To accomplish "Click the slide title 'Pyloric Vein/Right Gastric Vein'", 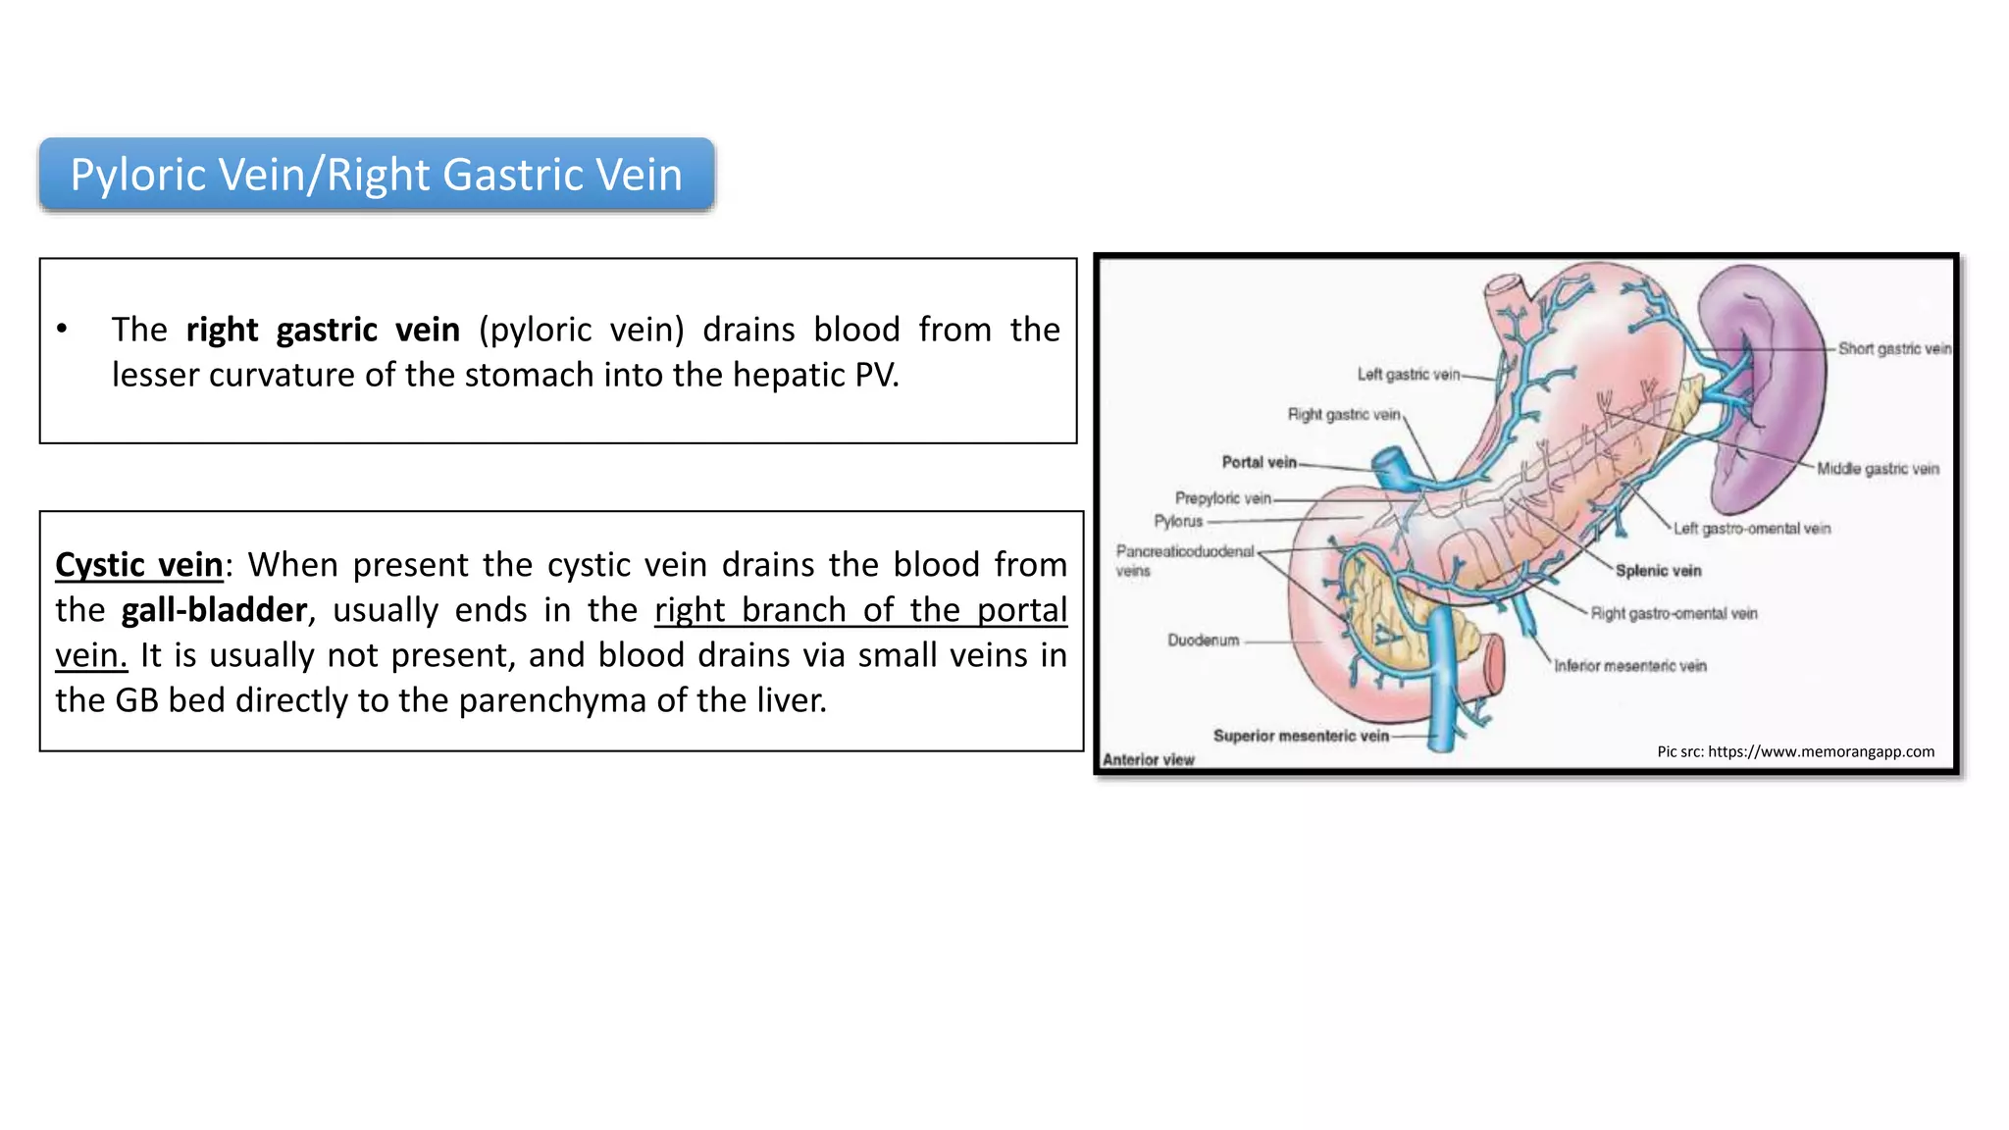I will tap(376, 175).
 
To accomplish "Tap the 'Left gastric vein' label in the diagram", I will tap(1408, 374).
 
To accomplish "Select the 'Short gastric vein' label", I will tap(1893, 348).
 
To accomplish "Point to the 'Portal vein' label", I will tap(1259, 462).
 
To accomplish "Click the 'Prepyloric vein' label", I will tap(1222, 498).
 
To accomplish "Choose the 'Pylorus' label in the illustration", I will tap(1177, 521).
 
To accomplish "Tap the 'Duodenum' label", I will tap(1203, 641).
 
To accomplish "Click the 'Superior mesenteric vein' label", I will tap(1300, 736).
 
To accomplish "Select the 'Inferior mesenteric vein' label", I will tap(1629, 666).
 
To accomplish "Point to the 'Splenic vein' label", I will tap(1658, 571).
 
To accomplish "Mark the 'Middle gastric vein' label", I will tap(1878, 469).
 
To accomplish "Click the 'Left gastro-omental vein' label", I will tap(1751, 529).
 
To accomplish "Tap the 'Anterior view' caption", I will tap(1148, 759).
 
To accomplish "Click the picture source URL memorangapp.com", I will tap(1821, 751).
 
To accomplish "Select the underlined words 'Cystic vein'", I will tap(139, 565).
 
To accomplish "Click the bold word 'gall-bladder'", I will tap(214, 610).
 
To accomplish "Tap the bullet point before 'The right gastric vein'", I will tap(62, 330).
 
